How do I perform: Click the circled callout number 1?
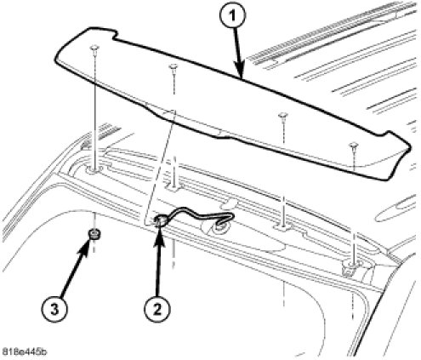[x=232, y=16]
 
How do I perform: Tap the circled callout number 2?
[x=157, y=308]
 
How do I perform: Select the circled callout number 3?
[x=54, y=308]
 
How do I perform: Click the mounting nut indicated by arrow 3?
[x=94, y=234]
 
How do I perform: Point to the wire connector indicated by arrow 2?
[x=161, y=220]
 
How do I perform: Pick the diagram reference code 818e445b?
[x=25, y=352]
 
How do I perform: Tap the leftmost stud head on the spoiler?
[x=94, y=48]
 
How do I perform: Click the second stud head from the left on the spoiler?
[x=173, y=66]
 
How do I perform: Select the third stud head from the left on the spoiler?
[x=283, y=115]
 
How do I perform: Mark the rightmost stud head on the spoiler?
[x=354, y=146]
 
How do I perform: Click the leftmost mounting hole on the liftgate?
[x=94, y=170]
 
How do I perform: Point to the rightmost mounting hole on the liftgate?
[x=351, y=266]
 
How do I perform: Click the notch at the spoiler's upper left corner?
[x=114, y=36]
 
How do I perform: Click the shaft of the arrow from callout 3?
[x=74, y=271]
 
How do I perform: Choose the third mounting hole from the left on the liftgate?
[x=283, y=226]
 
